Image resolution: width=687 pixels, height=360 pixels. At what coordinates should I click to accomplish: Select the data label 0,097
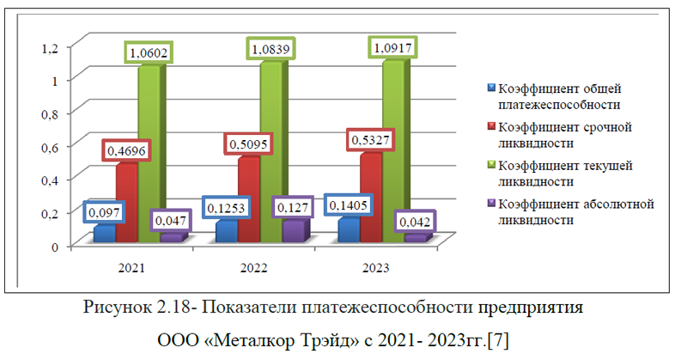click(x=104, y=211)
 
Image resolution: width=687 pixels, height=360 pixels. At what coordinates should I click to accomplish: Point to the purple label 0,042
click(x=418, y=222)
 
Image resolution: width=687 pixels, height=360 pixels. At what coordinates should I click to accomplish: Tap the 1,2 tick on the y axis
click(x=49, y=46)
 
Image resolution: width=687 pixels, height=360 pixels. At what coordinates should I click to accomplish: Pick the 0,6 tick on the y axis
click(x=49, y=146)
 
